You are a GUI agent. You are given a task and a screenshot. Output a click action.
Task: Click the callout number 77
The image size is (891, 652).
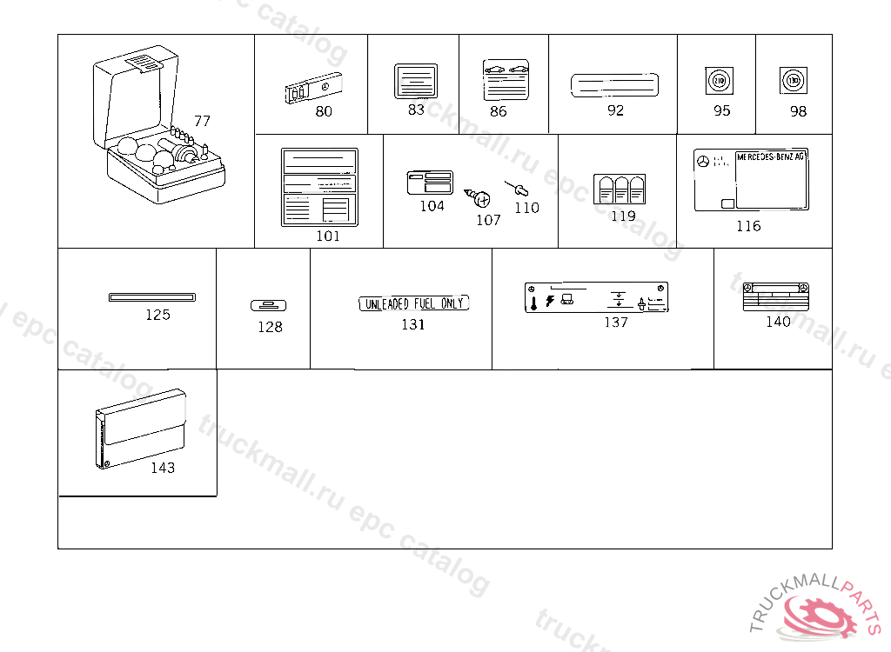point(202,121)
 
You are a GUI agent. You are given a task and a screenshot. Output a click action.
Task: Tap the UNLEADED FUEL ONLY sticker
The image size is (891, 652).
point(413,303)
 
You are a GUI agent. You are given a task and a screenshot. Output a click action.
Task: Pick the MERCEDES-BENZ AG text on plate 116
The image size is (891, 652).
point(771,156)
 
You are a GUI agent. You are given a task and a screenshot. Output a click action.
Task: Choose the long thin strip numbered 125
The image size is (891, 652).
point(152,297)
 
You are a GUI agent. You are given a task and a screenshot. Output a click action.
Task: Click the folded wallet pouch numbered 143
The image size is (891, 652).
point(139,429)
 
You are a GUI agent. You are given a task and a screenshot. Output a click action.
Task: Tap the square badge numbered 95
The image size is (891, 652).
point(719,82)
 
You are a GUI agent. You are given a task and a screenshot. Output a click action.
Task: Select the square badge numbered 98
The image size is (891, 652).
point(793,81)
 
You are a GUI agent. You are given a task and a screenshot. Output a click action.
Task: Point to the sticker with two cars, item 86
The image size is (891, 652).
point(506,81)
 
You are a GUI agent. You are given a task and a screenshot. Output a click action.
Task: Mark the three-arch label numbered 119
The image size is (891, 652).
point(620,190)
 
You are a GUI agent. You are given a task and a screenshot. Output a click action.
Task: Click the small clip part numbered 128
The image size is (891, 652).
point(269,305)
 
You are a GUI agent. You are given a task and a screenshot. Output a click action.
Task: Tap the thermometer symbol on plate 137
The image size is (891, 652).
point(533,303)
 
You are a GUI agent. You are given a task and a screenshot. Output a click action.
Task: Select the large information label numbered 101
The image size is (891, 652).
point(319,188)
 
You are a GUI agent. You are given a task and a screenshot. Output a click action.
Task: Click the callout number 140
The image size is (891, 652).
point(778,322)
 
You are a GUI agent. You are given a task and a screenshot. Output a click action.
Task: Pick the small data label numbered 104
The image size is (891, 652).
point(430,183)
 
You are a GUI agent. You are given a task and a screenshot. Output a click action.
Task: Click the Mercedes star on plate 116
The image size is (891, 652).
point(703,161)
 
